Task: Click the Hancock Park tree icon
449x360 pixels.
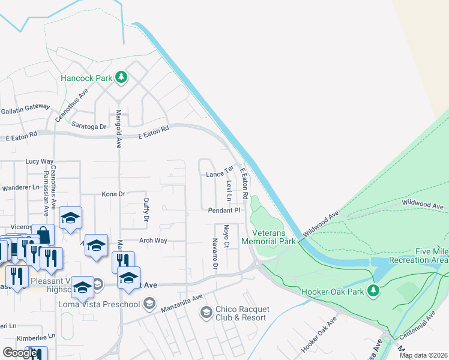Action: pyautogui.click(x=121, y=77)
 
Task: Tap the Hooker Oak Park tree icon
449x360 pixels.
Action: pyautogui.click(x=373, y=290)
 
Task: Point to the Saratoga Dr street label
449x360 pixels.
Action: pyautogui.click(x=89, y=127)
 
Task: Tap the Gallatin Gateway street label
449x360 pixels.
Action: pyautogui.click(x=25, y=106)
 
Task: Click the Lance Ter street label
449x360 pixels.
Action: pyautogui.click(x=218, y=173)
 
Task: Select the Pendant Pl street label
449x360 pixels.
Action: pyautogui.click(x=224, y=211)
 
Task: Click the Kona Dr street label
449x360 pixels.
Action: pyautogui.click(x=113, y=194)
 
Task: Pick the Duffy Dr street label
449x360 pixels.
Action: pyautogui.click(x=145, y=211)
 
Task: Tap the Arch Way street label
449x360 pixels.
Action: pyautogui.click(x=152, y=241)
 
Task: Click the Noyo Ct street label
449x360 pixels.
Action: pyautogui.click(x=226, y=236)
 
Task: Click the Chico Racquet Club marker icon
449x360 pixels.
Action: pyautogui.click(x=206, y=312)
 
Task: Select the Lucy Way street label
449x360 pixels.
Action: pyautogui.click(x=40, y=161)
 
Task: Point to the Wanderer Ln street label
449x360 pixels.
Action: pyautogui.click(x=16, y=187)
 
